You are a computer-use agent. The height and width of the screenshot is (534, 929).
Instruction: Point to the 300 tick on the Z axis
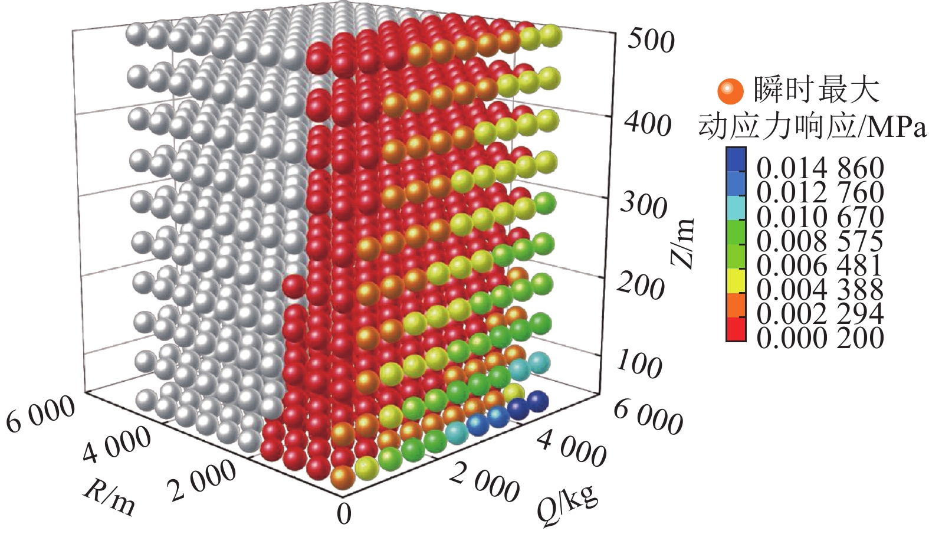(644, 206)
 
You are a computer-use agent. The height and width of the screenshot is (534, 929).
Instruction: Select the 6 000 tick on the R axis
(41, 414)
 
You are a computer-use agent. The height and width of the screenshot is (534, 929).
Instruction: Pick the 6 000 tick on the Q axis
(648, 417)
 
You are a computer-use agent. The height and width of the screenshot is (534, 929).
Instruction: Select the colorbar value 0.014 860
(820, 168)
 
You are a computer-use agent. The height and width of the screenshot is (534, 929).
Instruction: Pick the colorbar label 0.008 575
(820, 241)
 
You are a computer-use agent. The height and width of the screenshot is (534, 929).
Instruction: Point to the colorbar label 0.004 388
(820, 290)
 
